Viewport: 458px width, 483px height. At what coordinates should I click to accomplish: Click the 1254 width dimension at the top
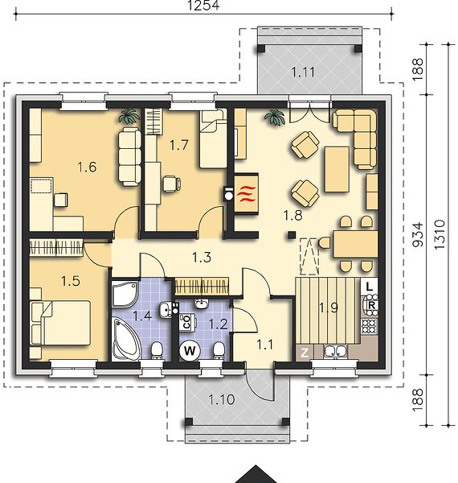tap(203, 6)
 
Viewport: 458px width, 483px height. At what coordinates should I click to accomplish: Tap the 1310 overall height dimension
tap(440, 234)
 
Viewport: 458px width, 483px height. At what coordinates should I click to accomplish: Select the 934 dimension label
tap(418, 235)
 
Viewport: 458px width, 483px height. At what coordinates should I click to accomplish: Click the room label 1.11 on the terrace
tap(303, 72)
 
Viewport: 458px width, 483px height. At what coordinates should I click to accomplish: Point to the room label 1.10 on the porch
tap(222, 399)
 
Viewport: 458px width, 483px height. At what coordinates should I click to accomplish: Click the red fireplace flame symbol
tap(246, 194)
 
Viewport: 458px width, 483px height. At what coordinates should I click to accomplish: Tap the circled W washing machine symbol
tap(190, 350)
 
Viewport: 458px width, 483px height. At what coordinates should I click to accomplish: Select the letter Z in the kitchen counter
tap(305, 353)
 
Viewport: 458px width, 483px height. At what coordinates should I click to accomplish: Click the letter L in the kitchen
tap(369, 287)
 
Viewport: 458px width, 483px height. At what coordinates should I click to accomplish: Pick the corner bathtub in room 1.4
tap(126, 340)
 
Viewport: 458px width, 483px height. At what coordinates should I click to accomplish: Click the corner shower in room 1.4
tap(125, 293)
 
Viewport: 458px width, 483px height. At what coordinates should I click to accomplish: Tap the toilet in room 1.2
tap(219, 350)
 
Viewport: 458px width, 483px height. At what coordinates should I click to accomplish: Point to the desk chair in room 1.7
tap(171, 184)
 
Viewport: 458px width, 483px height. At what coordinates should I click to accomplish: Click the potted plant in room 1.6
tap(129, 116)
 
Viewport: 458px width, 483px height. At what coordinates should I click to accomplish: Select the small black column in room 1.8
tap(292, 235)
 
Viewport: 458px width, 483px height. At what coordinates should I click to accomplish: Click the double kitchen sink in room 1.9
tap(335, 352)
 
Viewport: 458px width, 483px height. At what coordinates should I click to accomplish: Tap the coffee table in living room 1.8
tap(337, 169)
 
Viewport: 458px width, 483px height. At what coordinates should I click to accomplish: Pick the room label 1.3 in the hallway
tap(202, 258)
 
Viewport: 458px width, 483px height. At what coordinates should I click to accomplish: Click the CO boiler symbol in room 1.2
tap(187, 322)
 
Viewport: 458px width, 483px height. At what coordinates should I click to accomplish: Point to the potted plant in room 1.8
tap(275, 118)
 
